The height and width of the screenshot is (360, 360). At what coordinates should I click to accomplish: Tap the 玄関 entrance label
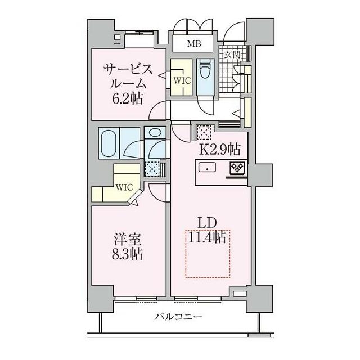click(232, 55)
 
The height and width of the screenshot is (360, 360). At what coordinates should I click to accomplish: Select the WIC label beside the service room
click(182, 80)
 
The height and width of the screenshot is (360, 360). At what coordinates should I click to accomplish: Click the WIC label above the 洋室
click(124, 187)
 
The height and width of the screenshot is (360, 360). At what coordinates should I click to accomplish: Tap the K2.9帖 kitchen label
click(220, 149)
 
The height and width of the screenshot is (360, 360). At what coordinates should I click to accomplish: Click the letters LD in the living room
click(206, 222)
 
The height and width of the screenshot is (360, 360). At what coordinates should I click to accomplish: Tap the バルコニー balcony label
click(178, 317)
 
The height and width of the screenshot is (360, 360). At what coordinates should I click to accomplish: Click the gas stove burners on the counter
click(235, 168)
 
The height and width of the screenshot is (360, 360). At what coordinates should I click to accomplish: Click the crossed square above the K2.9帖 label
click(202, 132)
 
